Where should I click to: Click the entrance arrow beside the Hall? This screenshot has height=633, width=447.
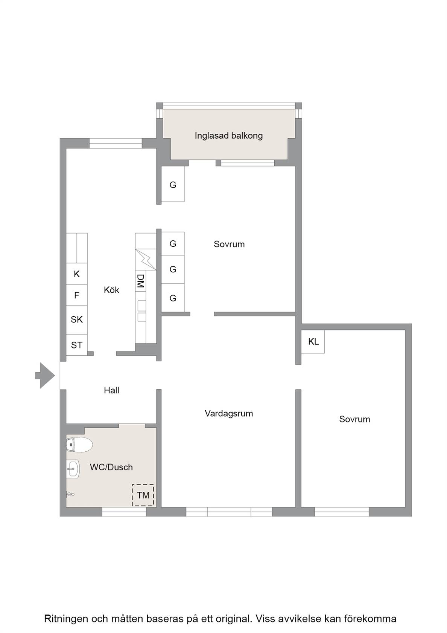point(45,376)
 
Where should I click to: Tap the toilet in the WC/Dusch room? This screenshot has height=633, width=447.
point(79,445)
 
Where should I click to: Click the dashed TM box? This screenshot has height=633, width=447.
point(143,495)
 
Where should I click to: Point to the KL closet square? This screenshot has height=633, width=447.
point(313,341)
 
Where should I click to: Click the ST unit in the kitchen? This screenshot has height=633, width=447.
point(77,345)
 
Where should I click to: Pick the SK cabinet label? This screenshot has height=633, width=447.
point(77,320)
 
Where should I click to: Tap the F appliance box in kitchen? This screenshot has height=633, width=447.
point(77,295)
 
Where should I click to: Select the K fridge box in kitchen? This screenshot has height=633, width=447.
point(77,274)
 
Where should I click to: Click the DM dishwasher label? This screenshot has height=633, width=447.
point(140,281)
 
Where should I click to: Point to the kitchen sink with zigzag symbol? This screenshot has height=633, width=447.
point(146,259)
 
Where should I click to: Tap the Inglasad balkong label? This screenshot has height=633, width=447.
point(229,136)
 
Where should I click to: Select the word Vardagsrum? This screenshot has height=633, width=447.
point(229,413)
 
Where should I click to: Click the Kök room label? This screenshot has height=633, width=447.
point(111,290)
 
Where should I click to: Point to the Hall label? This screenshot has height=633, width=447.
point(111,390)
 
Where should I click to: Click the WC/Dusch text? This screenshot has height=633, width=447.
point(111,467)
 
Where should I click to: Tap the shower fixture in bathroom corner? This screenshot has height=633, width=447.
point(70,494)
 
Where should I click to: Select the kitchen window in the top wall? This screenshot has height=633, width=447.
point(116,143)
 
